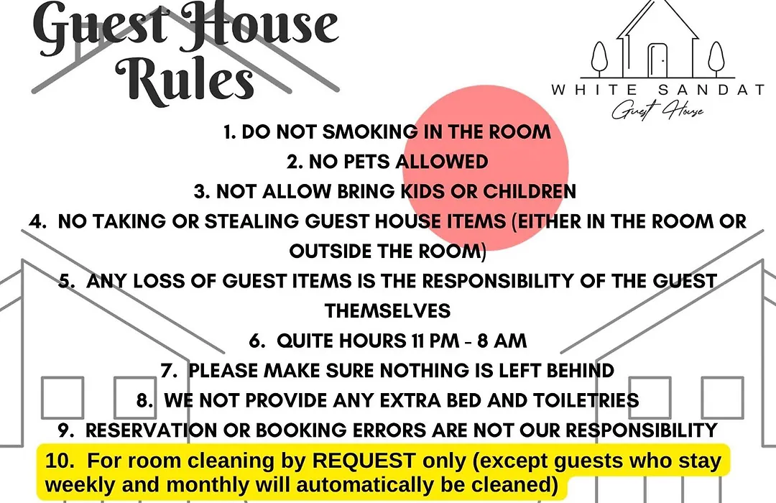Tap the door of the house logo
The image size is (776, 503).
pos(657,60)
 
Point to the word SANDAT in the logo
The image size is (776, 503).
pos(711,90)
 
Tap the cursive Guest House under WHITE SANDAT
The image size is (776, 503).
pos(657,109)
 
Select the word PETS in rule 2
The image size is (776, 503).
pos(366,162)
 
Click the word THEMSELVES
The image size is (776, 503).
pos(387,311)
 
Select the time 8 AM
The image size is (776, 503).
pos(502,341)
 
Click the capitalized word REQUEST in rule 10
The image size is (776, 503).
pos(364,461)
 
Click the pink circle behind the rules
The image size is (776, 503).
pos(486,168)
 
